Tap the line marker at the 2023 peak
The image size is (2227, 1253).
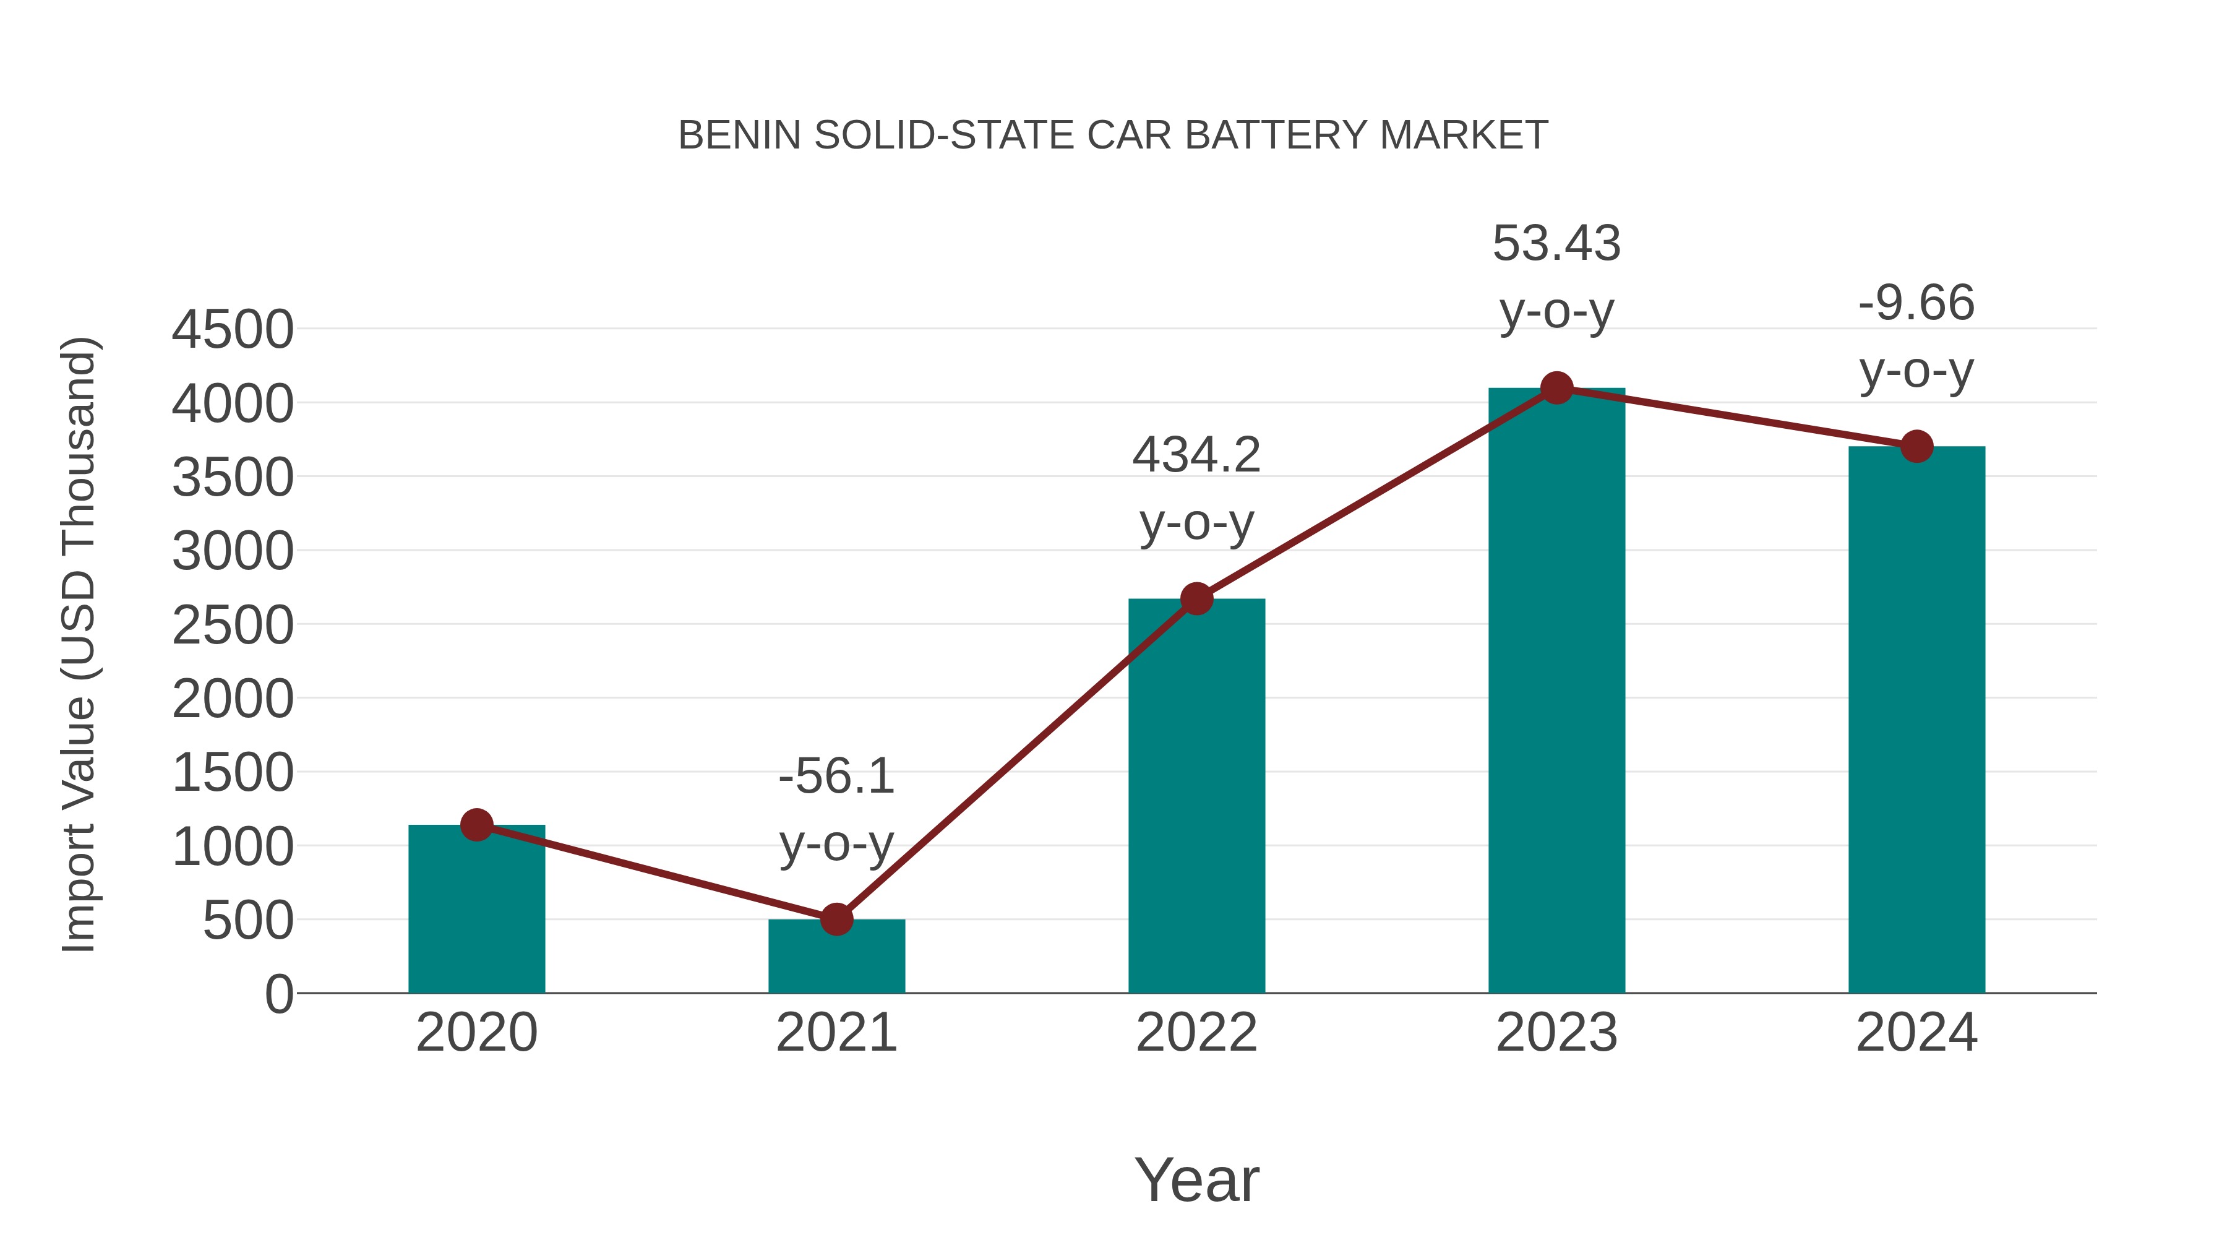tap(1556, 388)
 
